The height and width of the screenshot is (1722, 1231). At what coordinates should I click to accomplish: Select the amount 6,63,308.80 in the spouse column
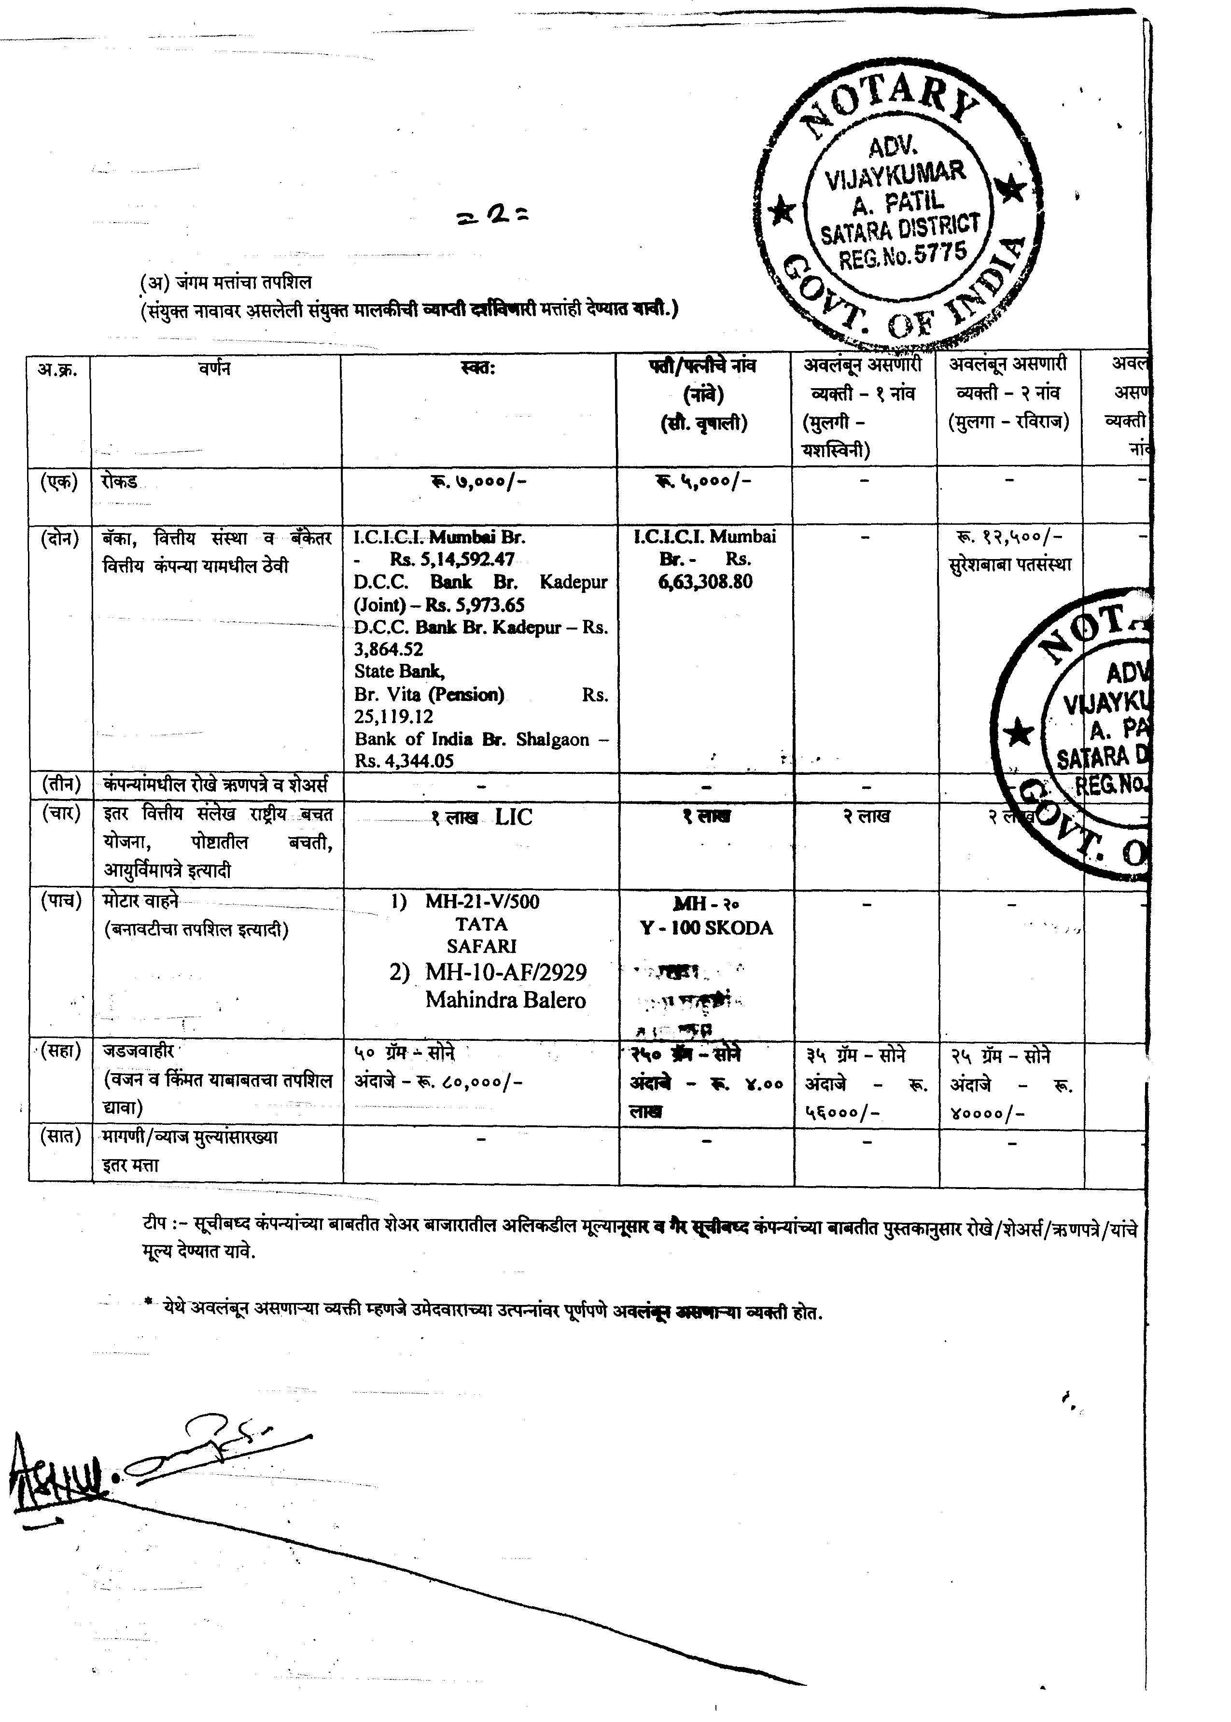click(705, 582)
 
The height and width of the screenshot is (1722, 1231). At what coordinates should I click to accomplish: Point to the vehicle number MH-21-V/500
click(482, 902)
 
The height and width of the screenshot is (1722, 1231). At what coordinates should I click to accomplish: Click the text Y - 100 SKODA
click(706, 928)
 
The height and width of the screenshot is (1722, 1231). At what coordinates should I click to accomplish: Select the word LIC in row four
click(514, 817)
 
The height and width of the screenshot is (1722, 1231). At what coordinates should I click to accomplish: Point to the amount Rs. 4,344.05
click(404, 760)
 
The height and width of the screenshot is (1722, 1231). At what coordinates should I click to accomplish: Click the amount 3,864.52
click(388, 649)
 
